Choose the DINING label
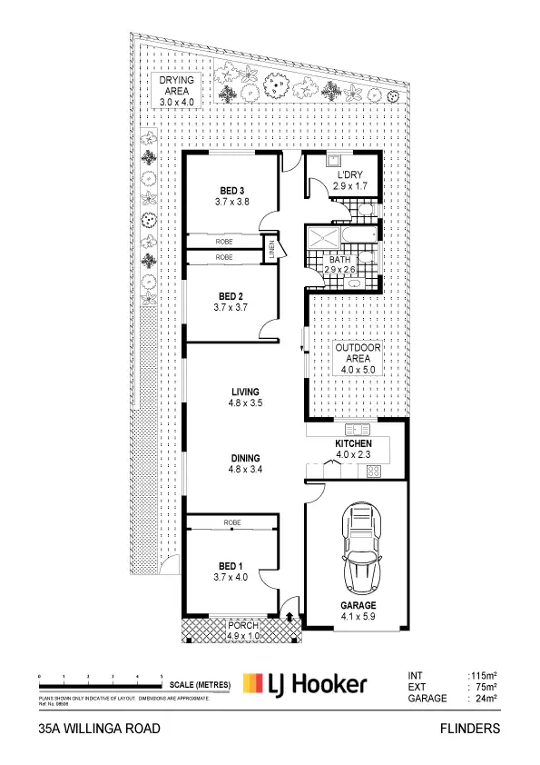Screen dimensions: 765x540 tap(245, 458)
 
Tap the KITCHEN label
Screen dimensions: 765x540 tap(354, 442)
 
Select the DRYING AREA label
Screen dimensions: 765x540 tap(177, 80)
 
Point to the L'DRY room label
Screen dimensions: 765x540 tap(350, 174)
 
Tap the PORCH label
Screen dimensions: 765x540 tap(243, 626)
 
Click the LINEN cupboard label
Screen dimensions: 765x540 tap(270, 250)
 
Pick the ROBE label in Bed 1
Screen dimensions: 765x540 tap(232, 523)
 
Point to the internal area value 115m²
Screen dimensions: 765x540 tap(482, 675)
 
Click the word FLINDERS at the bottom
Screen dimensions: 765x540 tap(469, 729)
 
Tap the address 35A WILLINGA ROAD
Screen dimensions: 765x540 tap(100, 729)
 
